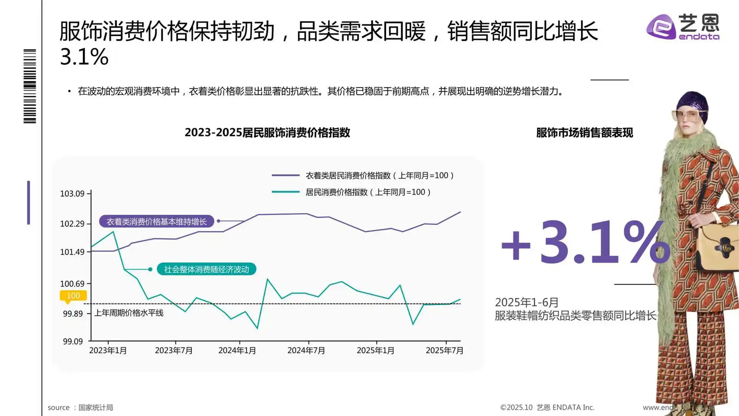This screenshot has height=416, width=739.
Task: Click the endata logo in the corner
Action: coord(683,27)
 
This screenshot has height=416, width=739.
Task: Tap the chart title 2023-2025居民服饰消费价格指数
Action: coord(267,133)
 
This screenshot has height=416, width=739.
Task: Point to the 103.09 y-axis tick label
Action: coord(72,194)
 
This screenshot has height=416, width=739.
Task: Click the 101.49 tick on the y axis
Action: coord(72,252)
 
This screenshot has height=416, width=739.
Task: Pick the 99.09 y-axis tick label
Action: coord(73,342)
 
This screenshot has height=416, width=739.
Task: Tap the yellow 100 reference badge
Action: coord(73,296)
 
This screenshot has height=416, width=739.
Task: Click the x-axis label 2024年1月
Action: coord(237,351)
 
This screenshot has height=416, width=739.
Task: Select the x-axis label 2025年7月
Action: coord(445,351)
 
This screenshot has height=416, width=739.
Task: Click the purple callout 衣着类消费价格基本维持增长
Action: coord(156,221)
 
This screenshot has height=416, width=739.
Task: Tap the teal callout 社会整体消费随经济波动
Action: coord(206,269)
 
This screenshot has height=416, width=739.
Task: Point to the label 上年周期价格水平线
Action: coord(129,313)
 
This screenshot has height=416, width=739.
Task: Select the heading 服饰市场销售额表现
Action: coord(584,133)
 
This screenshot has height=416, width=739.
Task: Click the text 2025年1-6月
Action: coord(527,302)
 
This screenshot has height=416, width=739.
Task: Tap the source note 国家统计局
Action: coord(95,408)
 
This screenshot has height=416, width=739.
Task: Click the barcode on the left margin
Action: coord(30,86)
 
